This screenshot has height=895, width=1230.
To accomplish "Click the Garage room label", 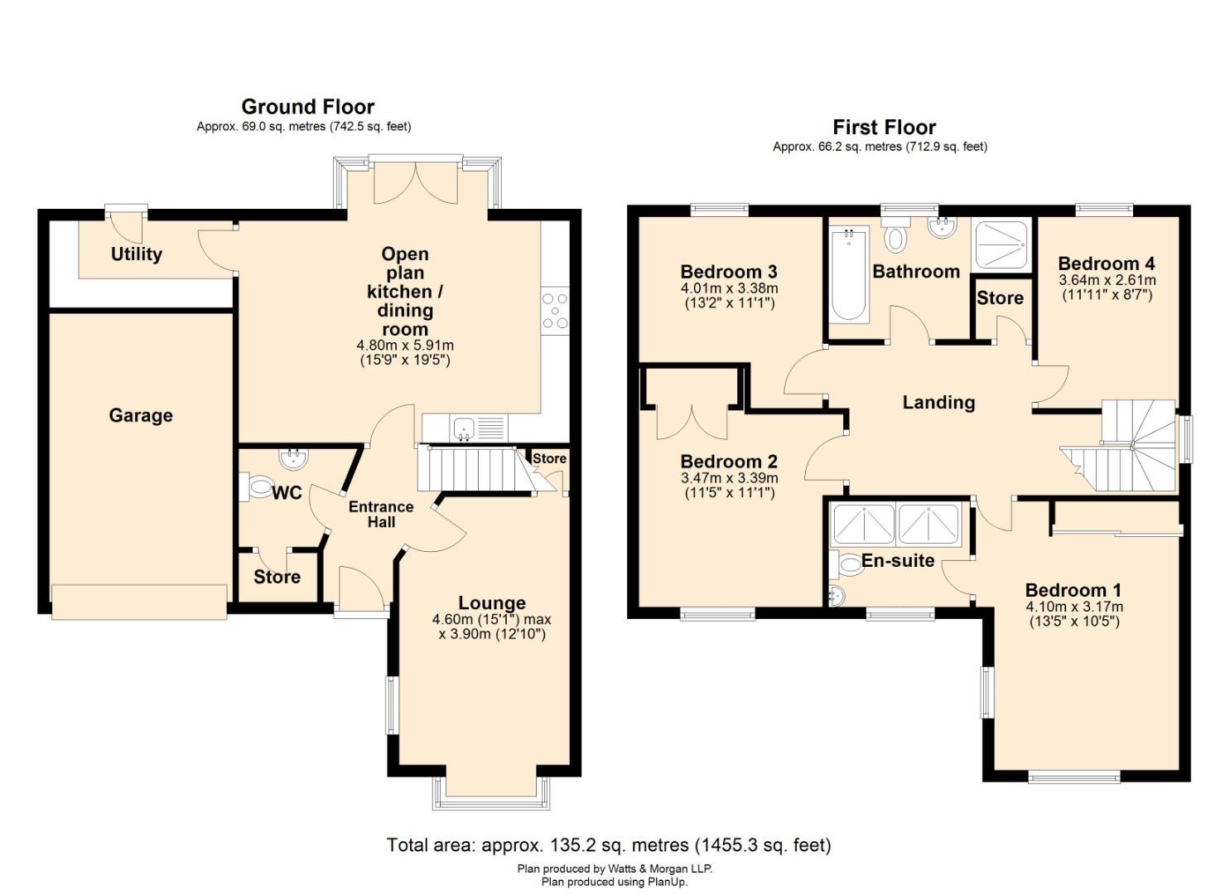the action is coord(141,415).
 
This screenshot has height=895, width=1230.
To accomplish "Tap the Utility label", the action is coord(136,254).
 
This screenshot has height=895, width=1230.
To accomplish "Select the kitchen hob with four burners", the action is coord(555,311).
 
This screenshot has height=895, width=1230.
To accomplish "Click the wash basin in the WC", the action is coord(293,459).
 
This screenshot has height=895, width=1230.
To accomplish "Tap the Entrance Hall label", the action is coord(381,515).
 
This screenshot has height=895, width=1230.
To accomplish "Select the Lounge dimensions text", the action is coord(492,626).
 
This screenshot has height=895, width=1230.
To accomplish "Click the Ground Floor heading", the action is coord(307,106).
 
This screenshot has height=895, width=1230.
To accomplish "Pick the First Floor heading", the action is coord(884,127).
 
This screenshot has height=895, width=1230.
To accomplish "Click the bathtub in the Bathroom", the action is coord(849,275).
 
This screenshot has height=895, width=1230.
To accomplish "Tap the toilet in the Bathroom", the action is coord(895,235).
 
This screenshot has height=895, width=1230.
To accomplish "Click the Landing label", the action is coord(939,402).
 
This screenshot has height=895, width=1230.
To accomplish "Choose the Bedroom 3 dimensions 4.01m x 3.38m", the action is coord(729,288).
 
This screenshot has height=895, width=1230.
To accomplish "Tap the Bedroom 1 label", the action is coord(1073,590).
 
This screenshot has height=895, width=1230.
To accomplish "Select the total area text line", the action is coord(609,844).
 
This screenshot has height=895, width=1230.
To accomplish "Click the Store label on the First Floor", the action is coord(1000,298).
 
